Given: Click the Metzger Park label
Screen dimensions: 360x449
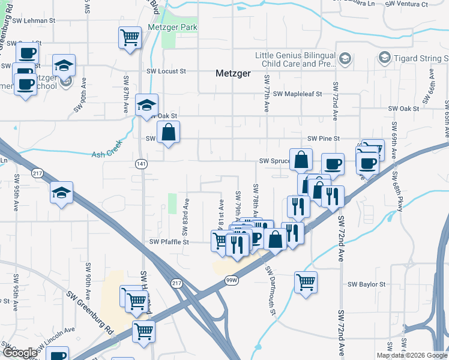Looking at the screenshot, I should pyautogui.click(x=173, y=28).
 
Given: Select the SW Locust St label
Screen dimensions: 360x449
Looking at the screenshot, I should pyautogui.click(x=166, y=71).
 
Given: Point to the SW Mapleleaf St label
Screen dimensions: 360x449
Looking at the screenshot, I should pyautogui.click(x=298, y=94).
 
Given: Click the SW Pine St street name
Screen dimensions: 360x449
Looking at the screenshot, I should pyautogui.click(x=324, y=139).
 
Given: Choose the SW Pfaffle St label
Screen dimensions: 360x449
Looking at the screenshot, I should pyautogui.click(x=169, y=242).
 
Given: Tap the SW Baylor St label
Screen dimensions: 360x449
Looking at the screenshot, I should pyautogui.click(x=366, y=284).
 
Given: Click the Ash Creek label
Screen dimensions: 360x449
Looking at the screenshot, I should pyautogui.click(x=106, y=154).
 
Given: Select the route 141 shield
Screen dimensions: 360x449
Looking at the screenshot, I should pyautogui.click(x=140, y=164).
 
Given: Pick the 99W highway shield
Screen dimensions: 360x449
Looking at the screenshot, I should pyautogui.click(x=232, y=280).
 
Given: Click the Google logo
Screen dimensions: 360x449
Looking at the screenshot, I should pyautogui.click(x=20, y=353).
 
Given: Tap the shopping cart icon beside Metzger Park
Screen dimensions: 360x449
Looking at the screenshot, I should pyautogui.click(x=130, y=38).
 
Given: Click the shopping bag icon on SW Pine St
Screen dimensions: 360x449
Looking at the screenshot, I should pyautogui.click(x=169, y=132).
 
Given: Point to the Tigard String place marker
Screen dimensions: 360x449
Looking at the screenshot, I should pyautogui.click(x=385, y=58).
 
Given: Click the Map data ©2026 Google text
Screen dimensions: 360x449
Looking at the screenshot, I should pyautogui.click(x=411, y=355).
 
